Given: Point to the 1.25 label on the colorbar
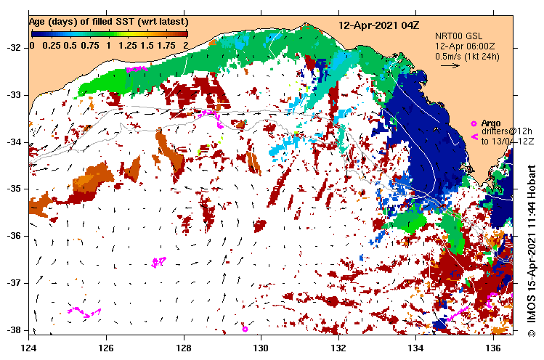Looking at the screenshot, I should coord(127,45).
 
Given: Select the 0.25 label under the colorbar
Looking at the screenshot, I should coord(51,45).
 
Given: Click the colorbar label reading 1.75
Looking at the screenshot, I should coord(166,45).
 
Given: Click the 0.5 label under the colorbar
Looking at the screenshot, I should coord(70,45).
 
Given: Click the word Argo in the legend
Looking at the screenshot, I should coord(491,123).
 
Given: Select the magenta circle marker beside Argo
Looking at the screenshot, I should coord(474,123).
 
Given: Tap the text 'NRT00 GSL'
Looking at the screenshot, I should coord(458,36).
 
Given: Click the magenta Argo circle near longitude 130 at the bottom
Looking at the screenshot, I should coord(245,329).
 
